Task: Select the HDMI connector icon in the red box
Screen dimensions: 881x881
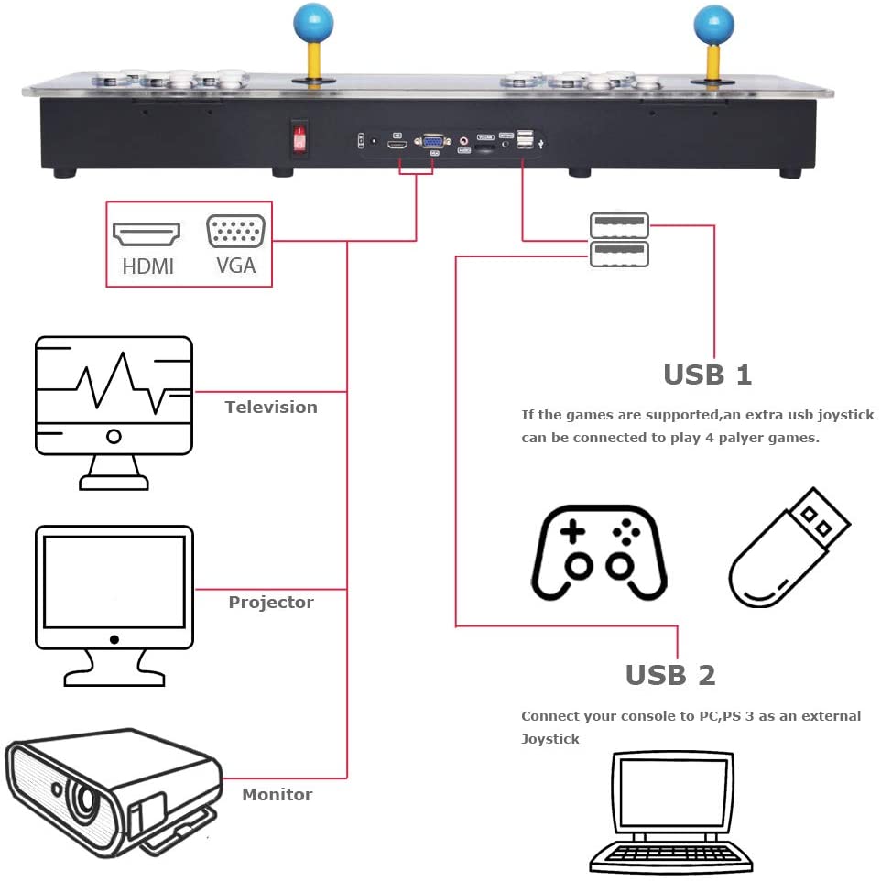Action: coord(146,234)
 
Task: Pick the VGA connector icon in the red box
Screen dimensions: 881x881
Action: coord(236,231)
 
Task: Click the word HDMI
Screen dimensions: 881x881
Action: coord(147,267)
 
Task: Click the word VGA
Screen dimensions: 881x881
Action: coord(235,267)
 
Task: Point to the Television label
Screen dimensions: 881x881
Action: coord(271,408)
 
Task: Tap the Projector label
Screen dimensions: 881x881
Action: coord(271,603)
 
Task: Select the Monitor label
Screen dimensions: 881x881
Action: coord(277,795)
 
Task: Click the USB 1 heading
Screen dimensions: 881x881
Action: coord(707,375)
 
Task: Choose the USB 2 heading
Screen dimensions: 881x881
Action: coord(669,675)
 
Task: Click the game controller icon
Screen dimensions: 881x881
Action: coord(599,555)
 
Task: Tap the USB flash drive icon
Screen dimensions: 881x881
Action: coord(788,549)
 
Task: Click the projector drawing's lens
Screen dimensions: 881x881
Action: coord(86,799)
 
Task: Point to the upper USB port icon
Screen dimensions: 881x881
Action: coord(619,224)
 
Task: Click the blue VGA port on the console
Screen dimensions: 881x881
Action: coord(432,142)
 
